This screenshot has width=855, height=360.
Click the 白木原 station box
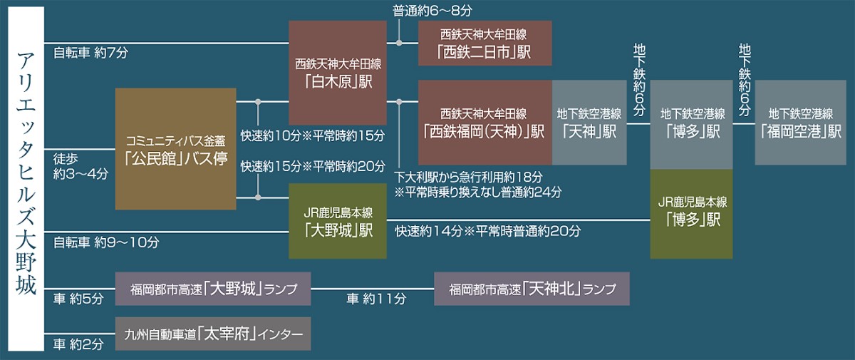click(x=338, y=73)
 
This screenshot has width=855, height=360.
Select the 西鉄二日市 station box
click(x=484, y=43)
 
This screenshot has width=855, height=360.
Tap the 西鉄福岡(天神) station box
click(x=484, y=122)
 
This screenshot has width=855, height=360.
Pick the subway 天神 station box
click(x=589, y=122)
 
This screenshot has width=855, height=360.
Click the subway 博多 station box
click(x=691, y=125)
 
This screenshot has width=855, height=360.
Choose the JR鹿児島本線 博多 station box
click(x=691, y=214)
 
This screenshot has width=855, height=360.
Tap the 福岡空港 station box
click(x=800, y=122)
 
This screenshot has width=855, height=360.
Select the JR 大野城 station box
click(x=338, y=221)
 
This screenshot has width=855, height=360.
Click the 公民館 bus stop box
click(x=175, y=149)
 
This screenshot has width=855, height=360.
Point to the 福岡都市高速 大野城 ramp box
click(x=213, y=289)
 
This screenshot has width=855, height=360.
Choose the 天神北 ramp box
click(x=532, y=289)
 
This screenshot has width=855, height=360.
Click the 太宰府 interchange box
click(x=213, y=334)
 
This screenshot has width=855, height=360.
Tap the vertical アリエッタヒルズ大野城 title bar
click(x=26, y=179)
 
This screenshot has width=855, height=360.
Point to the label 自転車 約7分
click(x=90, y=53)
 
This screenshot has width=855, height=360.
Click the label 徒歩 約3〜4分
click(x=81, y=166)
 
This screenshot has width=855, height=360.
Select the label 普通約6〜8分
click(x=432, y=11)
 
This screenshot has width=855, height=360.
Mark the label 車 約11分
click(x=376, y=299)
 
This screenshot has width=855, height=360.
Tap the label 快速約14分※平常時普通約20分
click(x=488, y=231)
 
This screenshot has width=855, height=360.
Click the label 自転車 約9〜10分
click(x=105, y=242)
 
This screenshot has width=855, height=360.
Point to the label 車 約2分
click(x=78, y=344)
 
